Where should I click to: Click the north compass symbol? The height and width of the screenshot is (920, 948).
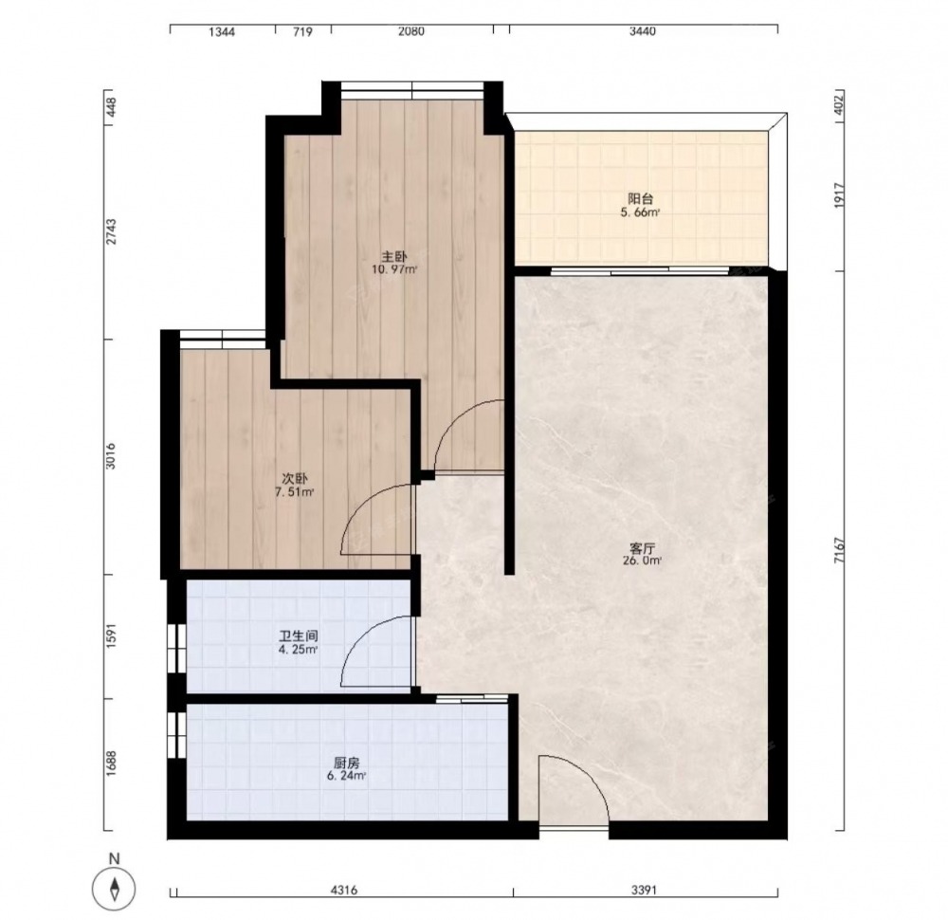[114, 889]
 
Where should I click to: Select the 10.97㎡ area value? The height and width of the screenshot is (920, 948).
[394, 269]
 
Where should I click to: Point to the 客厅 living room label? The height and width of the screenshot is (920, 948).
[642, 548]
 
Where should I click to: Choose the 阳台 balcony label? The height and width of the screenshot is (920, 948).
[640, 198]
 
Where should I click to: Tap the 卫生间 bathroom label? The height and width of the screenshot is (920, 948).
[298, 636]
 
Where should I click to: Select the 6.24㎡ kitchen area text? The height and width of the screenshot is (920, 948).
[346, 776]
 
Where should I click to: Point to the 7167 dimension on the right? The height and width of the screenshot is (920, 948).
[839, 550]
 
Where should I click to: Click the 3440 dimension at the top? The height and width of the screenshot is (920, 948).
[642, 31]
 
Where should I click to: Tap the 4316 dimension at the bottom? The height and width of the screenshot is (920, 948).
[345, 890]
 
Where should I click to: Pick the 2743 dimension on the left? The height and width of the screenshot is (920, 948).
[111, 231]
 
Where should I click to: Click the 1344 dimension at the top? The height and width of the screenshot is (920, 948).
[222, 31]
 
